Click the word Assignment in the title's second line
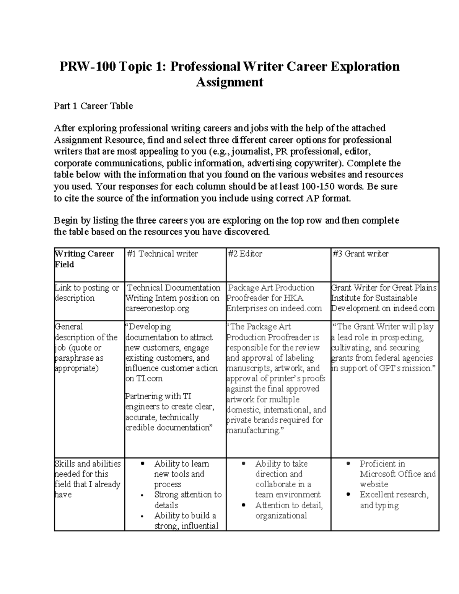coord(229,82)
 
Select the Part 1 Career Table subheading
coord(93,106)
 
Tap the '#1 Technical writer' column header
coord(163,254)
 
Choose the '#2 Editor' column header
coord(245,254)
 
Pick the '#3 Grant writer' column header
coord(360,254)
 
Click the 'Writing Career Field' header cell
coord(85,259)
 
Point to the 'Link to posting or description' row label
coord(87,293)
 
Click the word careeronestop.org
coord(157,309)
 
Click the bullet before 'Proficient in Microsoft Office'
coord(348,464)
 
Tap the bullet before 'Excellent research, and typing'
coord(348,495)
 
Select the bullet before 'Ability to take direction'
coord(244,464)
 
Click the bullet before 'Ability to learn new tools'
coord(142,464)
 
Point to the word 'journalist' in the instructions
coord(250,151)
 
